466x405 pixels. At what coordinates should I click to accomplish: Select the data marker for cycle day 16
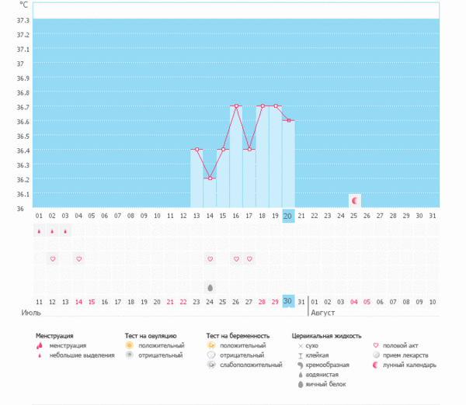236,106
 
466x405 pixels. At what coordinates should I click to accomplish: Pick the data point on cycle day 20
288,120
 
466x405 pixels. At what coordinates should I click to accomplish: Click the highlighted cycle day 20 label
288,216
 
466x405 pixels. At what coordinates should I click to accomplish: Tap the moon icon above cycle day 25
354,200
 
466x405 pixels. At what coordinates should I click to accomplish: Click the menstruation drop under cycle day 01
39,230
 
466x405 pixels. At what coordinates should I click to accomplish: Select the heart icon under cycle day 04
78,258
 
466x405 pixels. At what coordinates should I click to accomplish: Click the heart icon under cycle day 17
249,258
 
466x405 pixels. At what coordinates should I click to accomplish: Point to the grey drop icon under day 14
210,287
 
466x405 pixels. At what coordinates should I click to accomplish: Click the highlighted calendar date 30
288,301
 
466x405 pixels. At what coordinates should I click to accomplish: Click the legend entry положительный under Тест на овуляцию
162,345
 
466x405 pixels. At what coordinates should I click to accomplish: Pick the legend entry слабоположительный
251,364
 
